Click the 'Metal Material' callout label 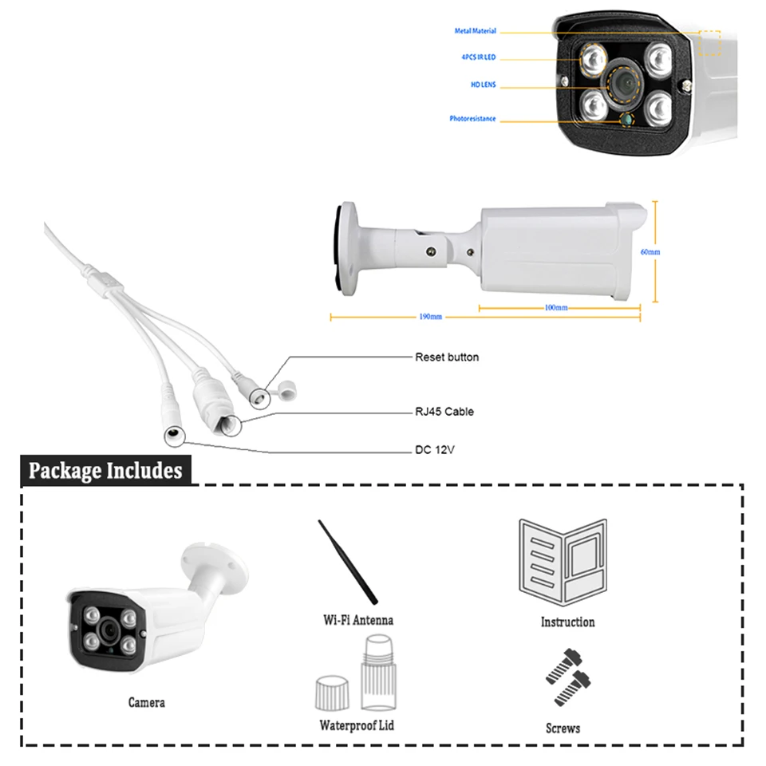tap(475, 31)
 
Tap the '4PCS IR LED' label tap(478, 57)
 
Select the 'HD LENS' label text tap(484, 85)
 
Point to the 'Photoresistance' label tap(472, 119)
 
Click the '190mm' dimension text tap(430, 317)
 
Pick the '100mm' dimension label tap(556, 308)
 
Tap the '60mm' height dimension tap(650, 252)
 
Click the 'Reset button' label tap(447, 357)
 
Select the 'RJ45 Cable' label tap(444, 412)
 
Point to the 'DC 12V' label tap(435, 450)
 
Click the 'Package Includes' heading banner tap(105, 471)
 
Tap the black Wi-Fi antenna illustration tap(348, 563)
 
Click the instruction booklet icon tap(563, 563)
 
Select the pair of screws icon tap(568, 677)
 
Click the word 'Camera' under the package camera tap(147, 702)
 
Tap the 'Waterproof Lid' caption tap(357, 725)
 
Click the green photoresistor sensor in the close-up tap(627, 119)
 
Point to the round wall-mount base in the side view tap(346, 249)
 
